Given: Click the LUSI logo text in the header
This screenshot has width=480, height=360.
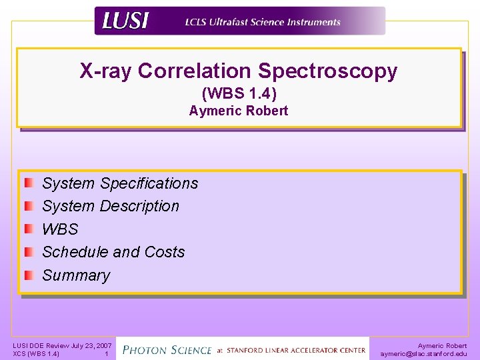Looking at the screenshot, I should pos(125,21).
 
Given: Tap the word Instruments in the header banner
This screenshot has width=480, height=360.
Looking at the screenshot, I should pos(313,22).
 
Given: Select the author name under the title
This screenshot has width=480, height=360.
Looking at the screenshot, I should pos(239,111).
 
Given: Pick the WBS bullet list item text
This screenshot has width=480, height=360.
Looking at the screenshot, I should pos(60,229).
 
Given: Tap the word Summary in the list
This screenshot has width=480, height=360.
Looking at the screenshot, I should pos(76,275).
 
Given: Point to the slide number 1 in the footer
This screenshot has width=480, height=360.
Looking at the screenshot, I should pos(106,354).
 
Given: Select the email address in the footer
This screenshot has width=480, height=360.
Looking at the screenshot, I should pos(423,354).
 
